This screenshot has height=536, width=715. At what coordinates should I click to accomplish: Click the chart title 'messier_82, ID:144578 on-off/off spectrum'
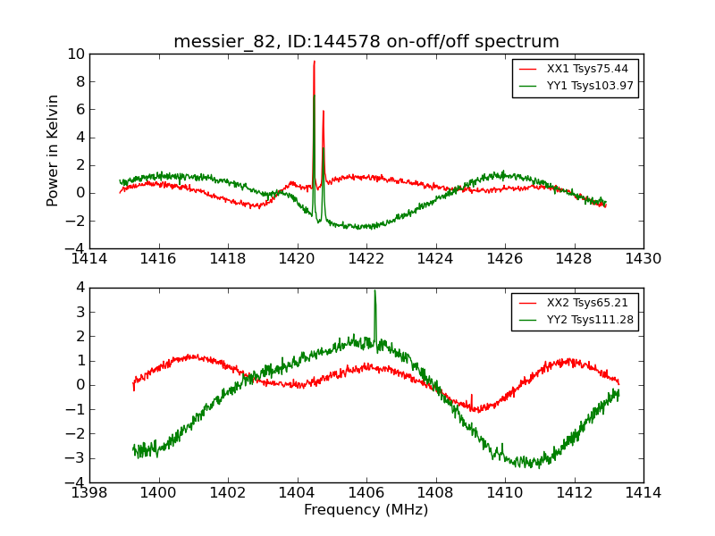point(366,41)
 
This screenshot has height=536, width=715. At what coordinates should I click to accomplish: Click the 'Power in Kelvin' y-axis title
point(54,150)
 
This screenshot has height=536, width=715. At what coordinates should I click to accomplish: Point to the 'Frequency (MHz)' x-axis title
point(366,510)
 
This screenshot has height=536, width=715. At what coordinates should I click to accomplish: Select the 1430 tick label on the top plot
point(643,259)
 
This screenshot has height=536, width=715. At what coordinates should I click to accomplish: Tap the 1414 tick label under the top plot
point(89,259)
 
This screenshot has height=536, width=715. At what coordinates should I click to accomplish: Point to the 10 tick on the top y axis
point(76,54)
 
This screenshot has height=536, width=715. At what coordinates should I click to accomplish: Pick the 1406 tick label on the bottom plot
point(366,493)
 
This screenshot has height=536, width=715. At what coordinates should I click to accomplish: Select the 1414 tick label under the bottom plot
point(643,493)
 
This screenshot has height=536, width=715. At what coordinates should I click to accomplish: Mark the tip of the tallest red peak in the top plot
point(315,62)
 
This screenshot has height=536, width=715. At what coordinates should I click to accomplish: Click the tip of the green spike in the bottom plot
point(374,290)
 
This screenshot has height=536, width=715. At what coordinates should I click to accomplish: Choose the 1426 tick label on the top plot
point(504,259)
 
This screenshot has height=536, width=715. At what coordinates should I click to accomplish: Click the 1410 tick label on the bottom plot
point(504,493)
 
